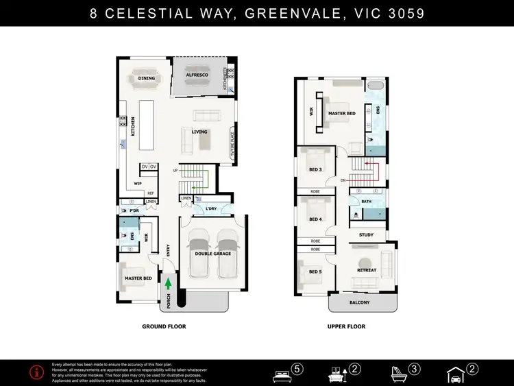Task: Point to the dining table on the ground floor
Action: point(147,78)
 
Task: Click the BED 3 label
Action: point(315,169)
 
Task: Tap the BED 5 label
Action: point(315,272)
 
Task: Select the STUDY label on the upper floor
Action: point(367,234)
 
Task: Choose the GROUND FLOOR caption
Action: point(164,327)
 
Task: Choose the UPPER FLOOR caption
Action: point(345,327)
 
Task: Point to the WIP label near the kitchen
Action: point(138,183)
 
